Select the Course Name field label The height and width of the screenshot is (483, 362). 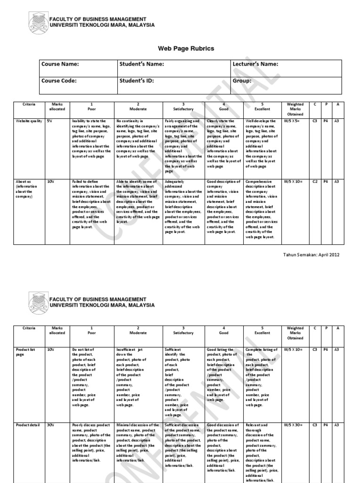60,64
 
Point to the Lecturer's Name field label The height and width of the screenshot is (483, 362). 255,64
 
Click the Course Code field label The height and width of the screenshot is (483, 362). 59,81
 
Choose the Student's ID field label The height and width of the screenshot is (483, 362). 137,81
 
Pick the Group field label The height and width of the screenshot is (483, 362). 242,81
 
